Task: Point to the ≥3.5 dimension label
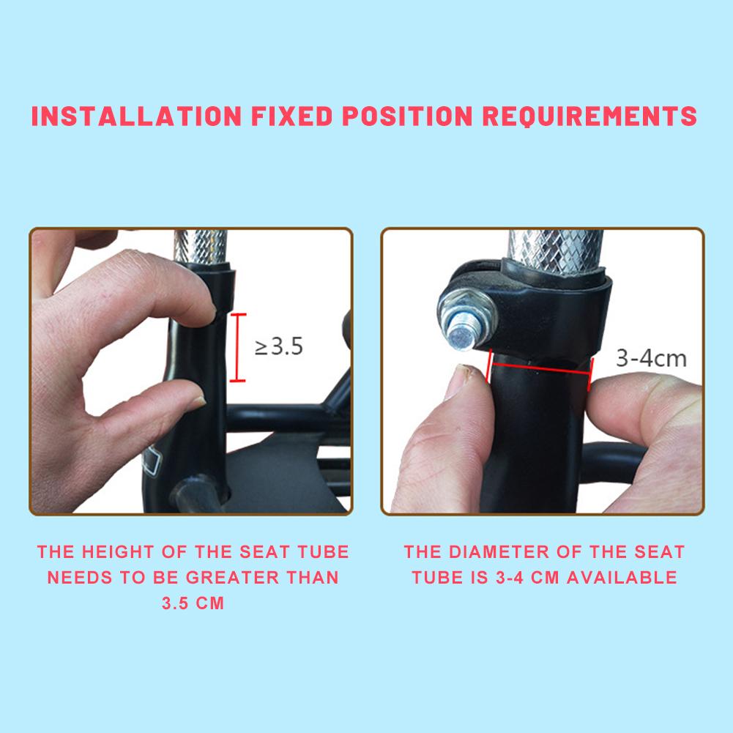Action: [278, 346]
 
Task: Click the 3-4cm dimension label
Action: [650, 358]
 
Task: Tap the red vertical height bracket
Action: [237, 347]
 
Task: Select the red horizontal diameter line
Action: [538, 367]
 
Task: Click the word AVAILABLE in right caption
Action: [622, 577]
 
